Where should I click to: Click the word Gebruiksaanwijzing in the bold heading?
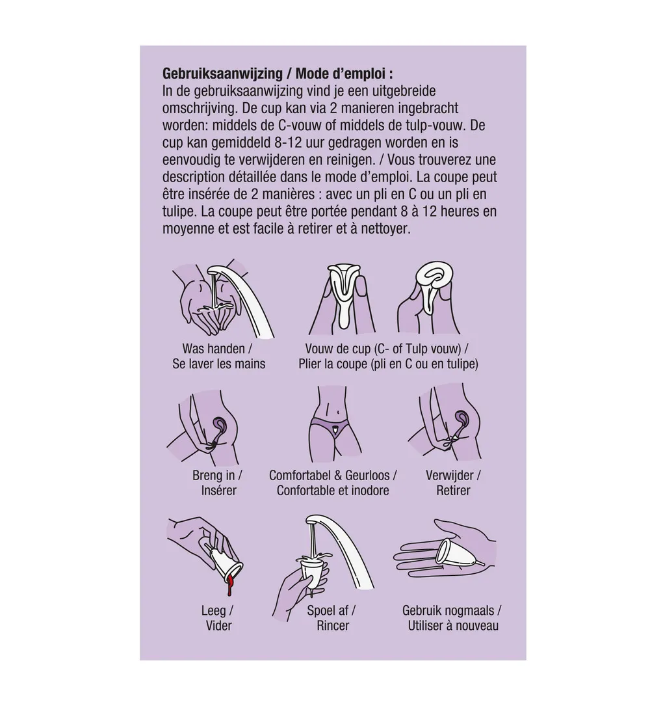222,74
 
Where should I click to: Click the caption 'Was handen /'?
217,349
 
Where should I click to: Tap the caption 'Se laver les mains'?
219,364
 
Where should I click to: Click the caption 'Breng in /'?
218,476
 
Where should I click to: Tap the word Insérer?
219,491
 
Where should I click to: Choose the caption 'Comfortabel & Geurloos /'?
333,476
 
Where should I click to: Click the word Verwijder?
450,476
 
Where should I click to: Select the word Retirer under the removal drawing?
453,491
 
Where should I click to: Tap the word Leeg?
214,610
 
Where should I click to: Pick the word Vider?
219,625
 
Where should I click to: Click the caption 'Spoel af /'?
331,610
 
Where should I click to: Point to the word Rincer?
333,625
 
